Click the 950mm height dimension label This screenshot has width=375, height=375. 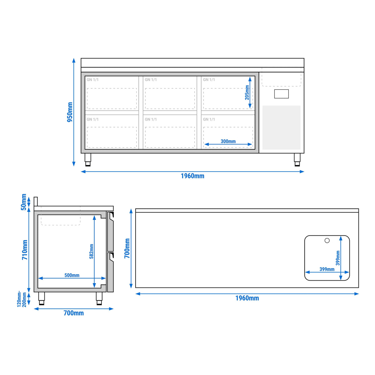[70, 112]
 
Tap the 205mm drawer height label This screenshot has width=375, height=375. [247, 92]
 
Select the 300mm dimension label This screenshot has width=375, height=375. [228, 141]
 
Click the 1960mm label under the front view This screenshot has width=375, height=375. [192, 176]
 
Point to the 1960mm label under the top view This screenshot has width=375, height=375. [247, 298]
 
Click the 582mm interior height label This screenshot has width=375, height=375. [91, 252]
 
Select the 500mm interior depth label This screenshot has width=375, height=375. [72, 275]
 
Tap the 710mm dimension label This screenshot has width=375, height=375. [25, 250]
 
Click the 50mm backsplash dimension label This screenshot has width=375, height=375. [23, 202]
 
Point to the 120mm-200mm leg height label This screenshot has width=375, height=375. [22, 299]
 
